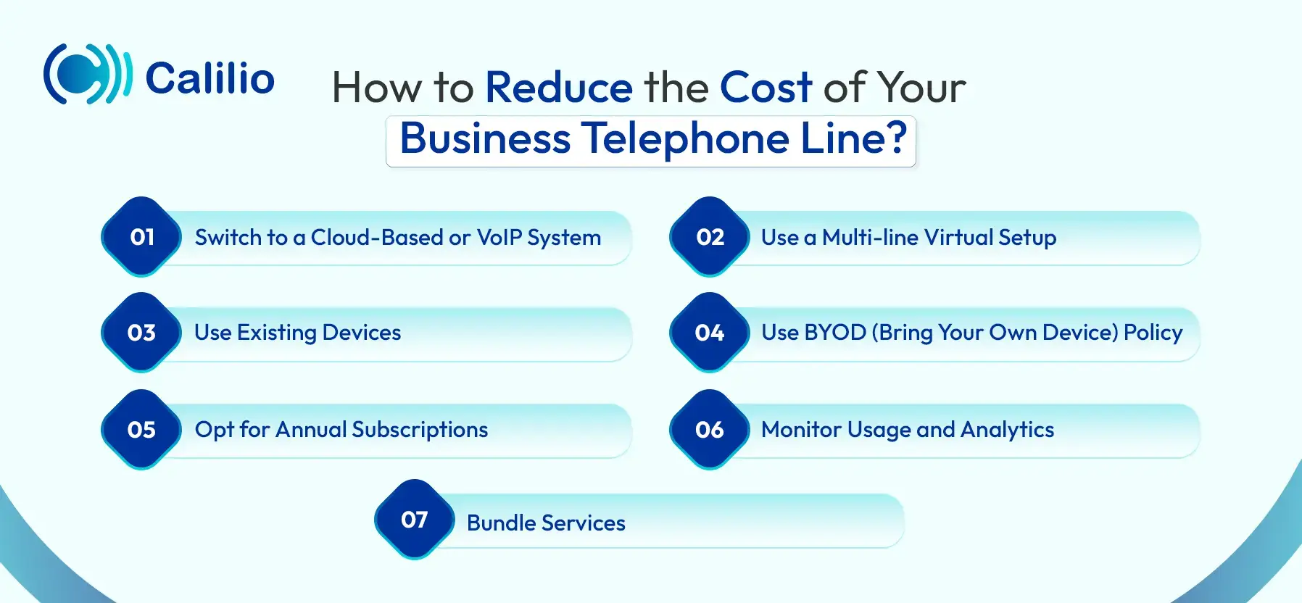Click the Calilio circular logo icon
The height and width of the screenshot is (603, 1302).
(88, 74)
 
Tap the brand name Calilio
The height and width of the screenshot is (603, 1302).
(210, 78)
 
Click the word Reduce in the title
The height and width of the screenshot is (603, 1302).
(559, 88)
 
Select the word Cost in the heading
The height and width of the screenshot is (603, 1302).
(766, 88)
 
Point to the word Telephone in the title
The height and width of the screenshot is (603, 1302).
(685, 138)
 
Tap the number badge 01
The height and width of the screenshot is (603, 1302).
(141, 237)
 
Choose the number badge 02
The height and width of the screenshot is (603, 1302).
(710, 237)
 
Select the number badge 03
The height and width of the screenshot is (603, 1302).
(141, 333)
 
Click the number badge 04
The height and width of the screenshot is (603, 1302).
(710, 333)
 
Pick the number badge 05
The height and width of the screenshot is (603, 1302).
(141, 430)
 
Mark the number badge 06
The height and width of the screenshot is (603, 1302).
(710, 430)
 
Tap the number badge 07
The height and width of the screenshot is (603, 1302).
(415, 520)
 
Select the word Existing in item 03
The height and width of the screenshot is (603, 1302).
(277, 333)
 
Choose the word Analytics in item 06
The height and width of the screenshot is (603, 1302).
(1007, 431)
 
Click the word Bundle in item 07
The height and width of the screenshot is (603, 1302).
(501, 523)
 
